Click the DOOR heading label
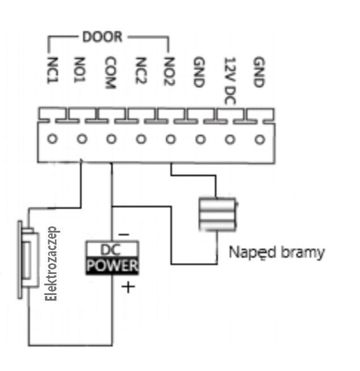point(102,37)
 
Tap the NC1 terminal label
point(53,70)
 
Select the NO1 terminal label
point(80,70)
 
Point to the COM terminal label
point(111,73)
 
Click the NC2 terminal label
point(141,70)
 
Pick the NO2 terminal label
point(170,71)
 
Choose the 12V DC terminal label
point(230,81)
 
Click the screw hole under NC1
point(52,139)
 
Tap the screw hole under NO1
point(82,139)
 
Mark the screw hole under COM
point(111,139)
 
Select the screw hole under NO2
point(170,140)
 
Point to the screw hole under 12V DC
point(230,140)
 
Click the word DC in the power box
point(111,250)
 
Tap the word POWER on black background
point(112,265)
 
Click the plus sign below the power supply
point(128,287)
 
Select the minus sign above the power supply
point(124,234)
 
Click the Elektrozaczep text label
point(51,264)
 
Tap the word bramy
point(303,252)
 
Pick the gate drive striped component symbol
point(217,214)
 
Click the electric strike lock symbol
point(28,260)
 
